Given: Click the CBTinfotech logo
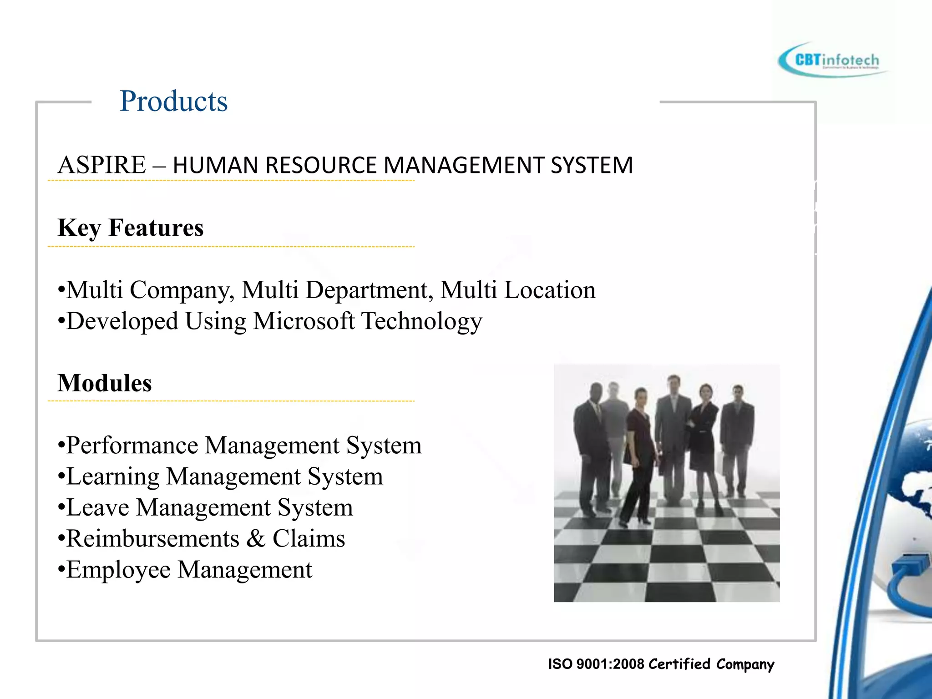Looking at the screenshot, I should [833, 60].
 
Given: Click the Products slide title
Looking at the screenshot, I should [173, 101].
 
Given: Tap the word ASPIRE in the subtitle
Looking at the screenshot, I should [101, 165].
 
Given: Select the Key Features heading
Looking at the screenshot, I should [131, 228].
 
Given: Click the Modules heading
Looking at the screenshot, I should [105, 383].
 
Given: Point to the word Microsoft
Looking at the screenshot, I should [304, 321].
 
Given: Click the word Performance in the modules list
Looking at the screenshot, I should [132, 446].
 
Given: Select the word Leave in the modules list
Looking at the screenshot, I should [98, 507].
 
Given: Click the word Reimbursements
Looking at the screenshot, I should [153, 539].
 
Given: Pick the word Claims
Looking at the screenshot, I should [309, 539].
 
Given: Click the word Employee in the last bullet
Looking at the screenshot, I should [118, 570].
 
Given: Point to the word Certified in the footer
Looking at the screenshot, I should [679, 664].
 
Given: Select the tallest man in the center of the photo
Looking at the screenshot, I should [673, 432].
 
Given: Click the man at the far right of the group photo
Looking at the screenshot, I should [736, 437].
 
